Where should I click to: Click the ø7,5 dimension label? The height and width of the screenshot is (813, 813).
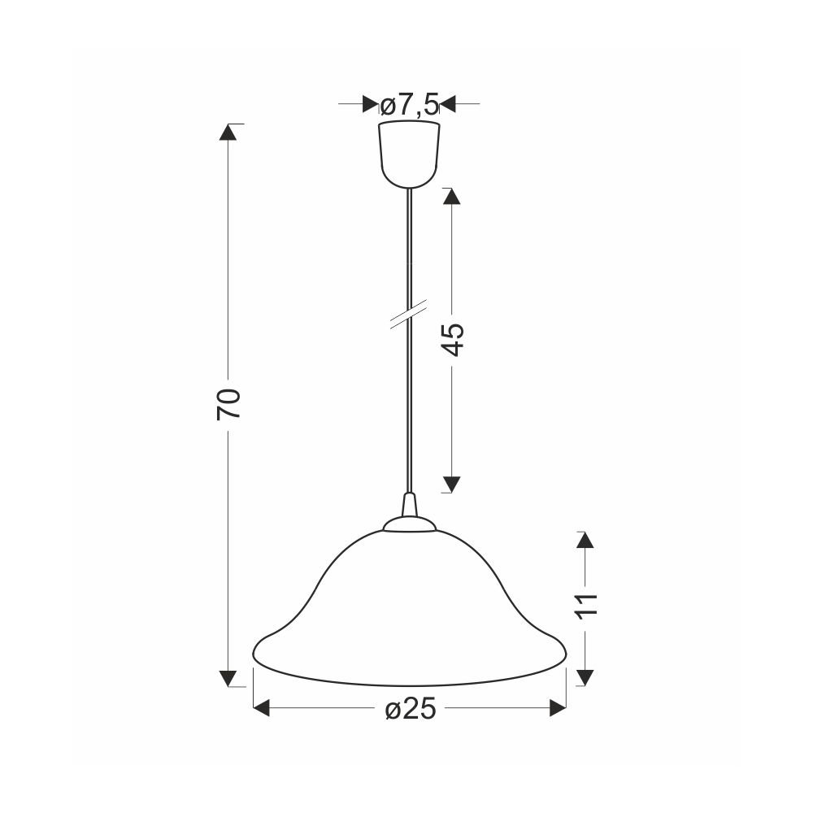click(410, 105)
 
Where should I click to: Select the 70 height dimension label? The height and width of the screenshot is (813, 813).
click(228, 404)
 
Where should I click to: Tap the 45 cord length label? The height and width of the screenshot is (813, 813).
click(453, 340)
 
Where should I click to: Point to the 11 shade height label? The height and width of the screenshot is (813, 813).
click(586, 604)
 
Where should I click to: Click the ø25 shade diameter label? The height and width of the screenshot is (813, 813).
click(411, 709)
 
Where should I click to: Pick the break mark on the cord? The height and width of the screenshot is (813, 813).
click(409, 313)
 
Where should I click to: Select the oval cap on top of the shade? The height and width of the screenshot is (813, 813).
click(410, 524)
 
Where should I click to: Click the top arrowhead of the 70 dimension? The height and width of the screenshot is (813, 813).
click(228, 132)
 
